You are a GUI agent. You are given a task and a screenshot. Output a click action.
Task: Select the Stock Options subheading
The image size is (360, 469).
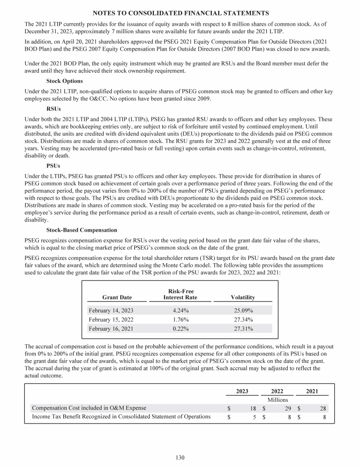point(64,81)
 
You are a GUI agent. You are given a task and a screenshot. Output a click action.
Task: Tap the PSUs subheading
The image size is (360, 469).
point(53,166)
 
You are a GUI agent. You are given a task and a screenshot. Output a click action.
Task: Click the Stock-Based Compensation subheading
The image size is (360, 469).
point(82,230)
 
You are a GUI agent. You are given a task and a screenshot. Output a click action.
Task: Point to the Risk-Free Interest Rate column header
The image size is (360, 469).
point(180,294)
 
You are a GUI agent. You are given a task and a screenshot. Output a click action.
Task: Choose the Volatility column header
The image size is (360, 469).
point(243,297)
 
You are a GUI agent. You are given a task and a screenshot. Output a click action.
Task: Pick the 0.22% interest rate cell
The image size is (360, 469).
point(180,328)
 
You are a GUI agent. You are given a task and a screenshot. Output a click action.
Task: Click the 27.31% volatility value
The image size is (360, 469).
point(243,328)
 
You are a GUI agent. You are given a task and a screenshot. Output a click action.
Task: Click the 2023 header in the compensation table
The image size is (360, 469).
point(242,391)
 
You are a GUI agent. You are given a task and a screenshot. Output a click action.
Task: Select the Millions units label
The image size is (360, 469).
point(277,400)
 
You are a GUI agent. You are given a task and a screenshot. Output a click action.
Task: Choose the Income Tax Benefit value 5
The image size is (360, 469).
point(253,416)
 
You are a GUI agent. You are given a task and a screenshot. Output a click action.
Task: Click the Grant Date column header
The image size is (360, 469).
point(117,297)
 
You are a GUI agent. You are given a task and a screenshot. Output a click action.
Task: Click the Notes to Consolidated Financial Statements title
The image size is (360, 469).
point(180,13)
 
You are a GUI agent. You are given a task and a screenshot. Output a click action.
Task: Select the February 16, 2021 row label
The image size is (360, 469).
point(111,328)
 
